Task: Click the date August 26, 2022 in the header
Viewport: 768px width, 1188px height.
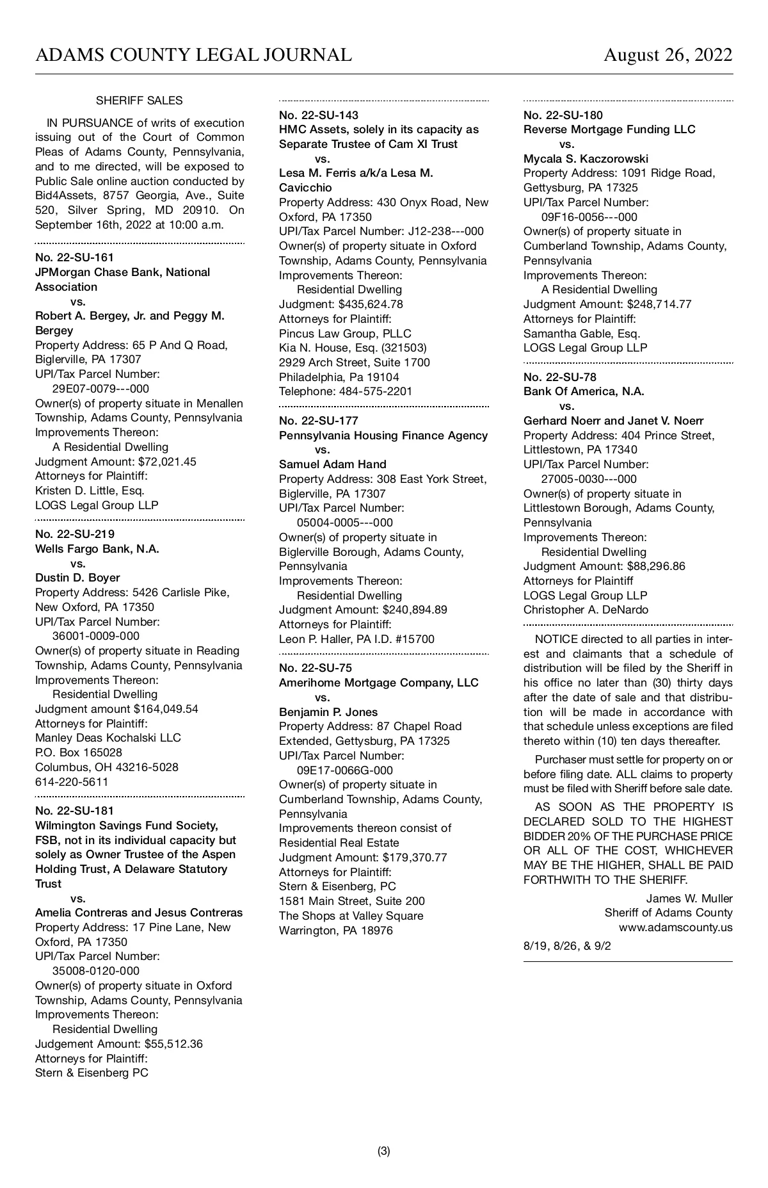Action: point(668,55)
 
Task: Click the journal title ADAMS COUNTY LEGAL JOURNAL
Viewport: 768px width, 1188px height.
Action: point(193,55)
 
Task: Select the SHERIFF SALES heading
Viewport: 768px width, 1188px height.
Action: point(139,101)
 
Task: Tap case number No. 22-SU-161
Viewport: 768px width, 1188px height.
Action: point(74,257)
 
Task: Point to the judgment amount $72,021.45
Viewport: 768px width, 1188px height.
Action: point(164,461)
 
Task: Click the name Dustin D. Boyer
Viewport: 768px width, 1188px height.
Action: point(77,578)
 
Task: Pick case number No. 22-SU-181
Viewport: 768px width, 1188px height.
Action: point(74,811)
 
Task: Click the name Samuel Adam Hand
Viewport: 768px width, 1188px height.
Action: point(332,464)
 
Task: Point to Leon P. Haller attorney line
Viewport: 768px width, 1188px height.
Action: point(356,639)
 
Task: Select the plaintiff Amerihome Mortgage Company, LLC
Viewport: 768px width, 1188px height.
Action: point(378,683)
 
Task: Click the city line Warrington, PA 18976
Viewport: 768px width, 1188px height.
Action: point(335,930)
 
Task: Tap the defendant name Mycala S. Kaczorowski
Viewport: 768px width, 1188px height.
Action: point(586,158)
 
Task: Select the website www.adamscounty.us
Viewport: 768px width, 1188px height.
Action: point(675,927)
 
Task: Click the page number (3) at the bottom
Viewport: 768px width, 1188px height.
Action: point(383,1151)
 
